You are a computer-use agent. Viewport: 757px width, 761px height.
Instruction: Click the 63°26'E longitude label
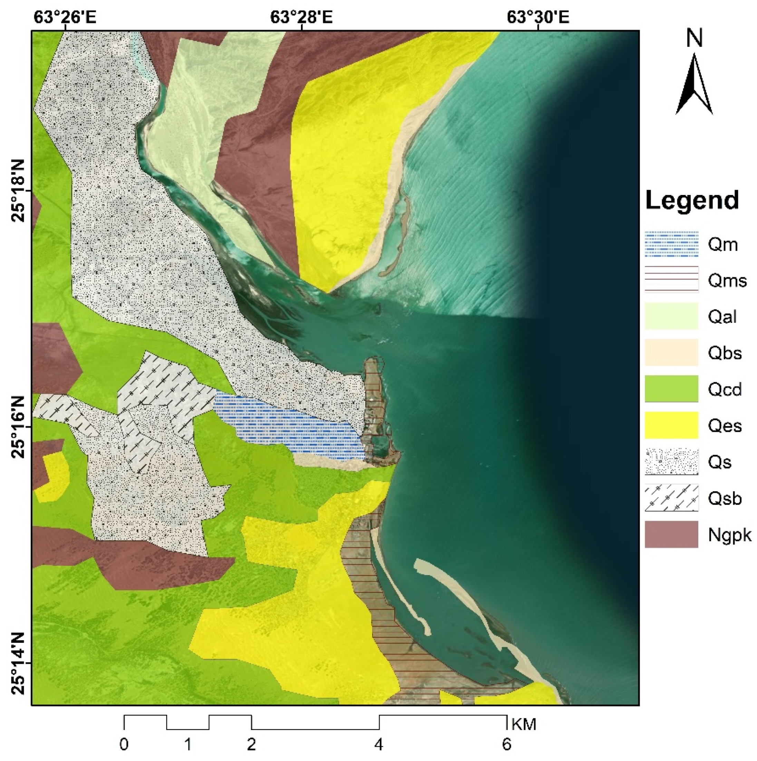coord(65,17)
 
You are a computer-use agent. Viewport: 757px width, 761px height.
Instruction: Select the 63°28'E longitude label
coord(301,17)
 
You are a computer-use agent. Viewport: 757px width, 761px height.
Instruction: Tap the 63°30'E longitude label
coord(538,17)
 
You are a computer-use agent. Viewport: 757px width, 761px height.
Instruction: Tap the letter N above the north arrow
coord(694,39)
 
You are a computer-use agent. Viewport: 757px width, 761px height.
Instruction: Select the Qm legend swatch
coord(671,244)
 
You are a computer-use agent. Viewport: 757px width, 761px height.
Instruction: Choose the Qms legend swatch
coord(671,280)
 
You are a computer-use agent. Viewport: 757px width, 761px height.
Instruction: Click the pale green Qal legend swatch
coord(671,316)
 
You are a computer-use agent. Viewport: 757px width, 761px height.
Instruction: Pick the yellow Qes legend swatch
coord(671,425)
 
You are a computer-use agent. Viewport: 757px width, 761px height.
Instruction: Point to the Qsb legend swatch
coord(671,498)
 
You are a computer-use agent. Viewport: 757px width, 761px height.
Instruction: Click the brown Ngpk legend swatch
coord(671,534)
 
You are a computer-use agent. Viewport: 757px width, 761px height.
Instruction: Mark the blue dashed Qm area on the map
coord(292,425)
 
